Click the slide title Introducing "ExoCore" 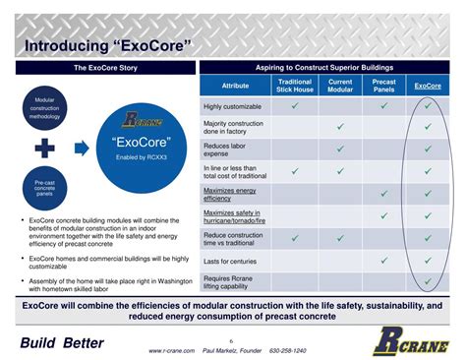[106, 45]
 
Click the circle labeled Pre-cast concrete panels [44, 188]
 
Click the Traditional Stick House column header [294, 86]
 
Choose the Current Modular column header [340, 86]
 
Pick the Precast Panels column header [384, 86]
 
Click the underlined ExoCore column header [428, 86]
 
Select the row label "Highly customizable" [233, 106]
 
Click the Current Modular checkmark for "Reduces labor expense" [340, 149]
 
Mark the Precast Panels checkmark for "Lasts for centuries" [384, 261]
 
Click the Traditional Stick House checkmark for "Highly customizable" [294, 106]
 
